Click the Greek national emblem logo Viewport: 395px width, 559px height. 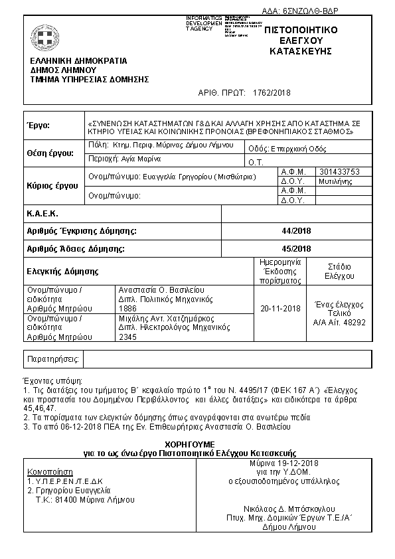coord(45,38)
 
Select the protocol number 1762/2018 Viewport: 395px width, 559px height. coord(272,94)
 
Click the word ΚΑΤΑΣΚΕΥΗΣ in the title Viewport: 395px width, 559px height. coord(301,51)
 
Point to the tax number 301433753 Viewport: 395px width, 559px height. coord(340,171)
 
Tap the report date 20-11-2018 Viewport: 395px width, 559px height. coord(280,309)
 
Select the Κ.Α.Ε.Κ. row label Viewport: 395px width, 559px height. coord(42,214)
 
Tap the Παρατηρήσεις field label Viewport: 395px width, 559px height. coord(52,359)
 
